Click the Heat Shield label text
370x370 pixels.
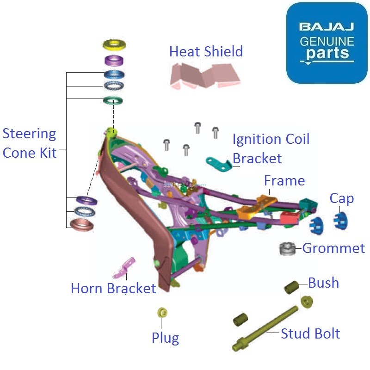(x=206, y=51)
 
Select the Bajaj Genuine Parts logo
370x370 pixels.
(x=327, y=43)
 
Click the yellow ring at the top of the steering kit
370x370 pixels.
(x=114, y=45)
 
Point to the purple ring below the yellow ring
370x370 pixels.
(x=114, y=60)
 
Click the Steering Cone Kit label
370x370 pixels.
(x=30, y=143)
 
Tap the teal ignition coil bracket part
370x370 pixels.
(x=218, y=163)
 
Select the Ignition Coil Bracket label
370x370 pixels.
(x=271, y=148)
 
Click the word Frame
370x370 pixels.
(x=284, y=180)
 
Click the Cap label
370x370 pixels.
(x=342, y=198)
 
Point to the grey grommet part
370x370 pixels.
(x=287, y=248)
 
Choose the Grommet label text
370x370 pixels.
(x=333, y=248)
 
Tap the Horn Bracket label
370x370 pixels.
(x=113, y=289)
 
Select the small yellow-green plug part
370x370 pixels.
(x=162, y=313)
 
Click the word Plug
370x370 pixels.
(x=165, y=338)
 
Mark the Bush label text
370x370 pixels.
(x=323, y=283)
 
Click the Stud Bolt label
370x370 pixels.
(x=310, y=333)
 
